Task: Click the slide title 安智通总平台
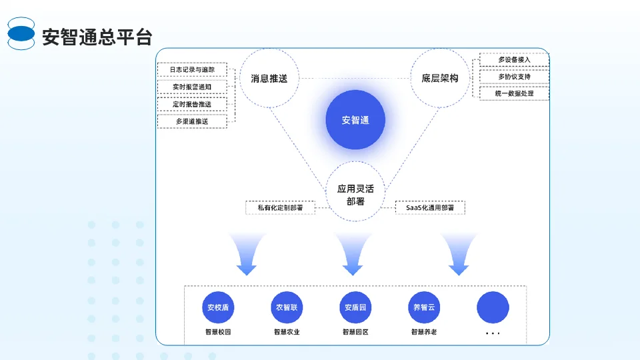97,37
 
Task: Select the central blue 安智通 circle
355,120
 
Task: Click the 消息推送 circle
269,78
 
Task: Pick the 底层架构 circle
440,78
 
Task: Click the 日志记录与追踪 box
192,69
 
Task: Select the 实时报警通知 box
192,87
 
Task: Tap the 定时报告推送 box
192,104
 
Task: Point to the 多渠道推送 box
192,121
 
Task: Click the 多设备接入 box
514,60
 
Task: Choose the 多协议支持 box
514,77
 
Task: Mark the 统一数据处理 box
514,93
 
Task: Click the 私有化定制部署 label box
280,207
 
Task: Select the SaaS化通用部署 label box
430,207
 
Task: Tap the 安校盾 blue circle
218,308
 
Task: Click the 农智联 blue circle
287,308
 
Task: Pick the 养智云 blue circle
424,308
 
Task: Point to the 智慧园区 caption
355,331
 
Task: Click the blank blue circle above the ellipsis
493,308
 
